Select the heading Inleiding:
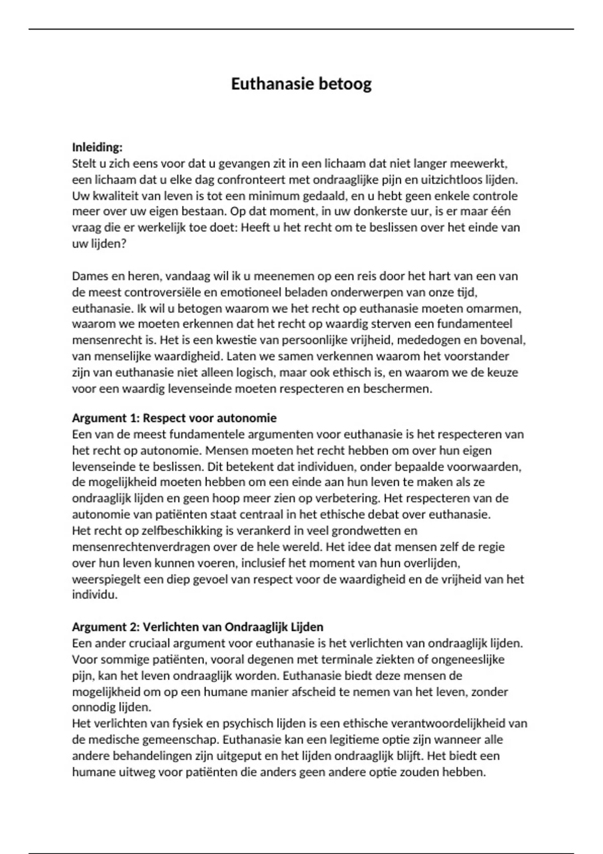(x=97, y=147)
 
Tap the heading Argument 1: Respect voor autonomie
(x=174, y=418)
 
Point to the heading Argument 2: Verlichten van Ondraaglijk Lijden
(x=197, y=627)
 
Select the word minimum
(x=269, y=196)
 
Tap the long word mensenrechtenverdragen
(x=140, y=547)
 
